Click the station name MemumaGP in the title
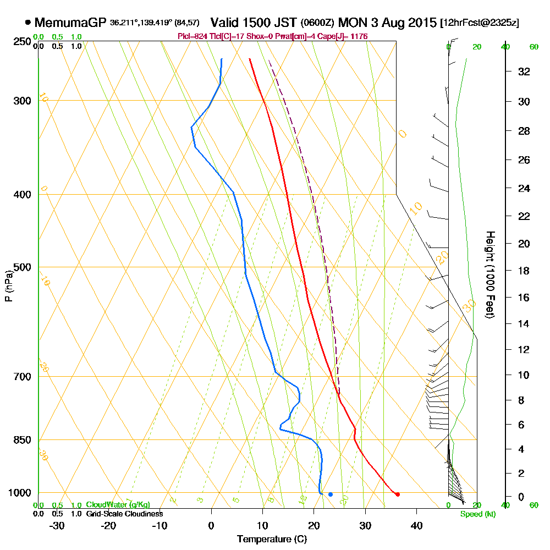pyautogui.click(x=70, y=23)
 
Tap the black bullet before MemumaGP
pyautogui.click(x=28, y=23)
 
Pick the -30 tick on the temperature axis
pyautogui.click(x=57, y=525)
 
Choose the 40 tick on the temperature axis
pyautogui.click(x=416, y=525)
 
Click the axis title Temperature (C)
pyautogui.click(x=272, y=540)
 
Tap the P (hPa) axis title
pyautogui.click(x=8, y=285)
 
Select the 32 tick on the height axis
pyautogui.click(x=524, y=71)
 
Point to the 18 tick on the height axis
pyautogui.click(x=524, y=271)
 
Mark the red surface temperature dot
pyautogui.click(x=398, y=494)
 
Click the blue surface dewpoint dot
pyautogui.click(x=331, y=494)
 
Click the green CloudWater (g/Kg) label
pyautogui.click(x=118, y=505)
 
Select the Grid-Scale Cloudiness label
pyautogui.click(x=124, y=514)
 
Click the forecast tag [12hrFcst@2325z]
pyautogui.click(x=479, y=23)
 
